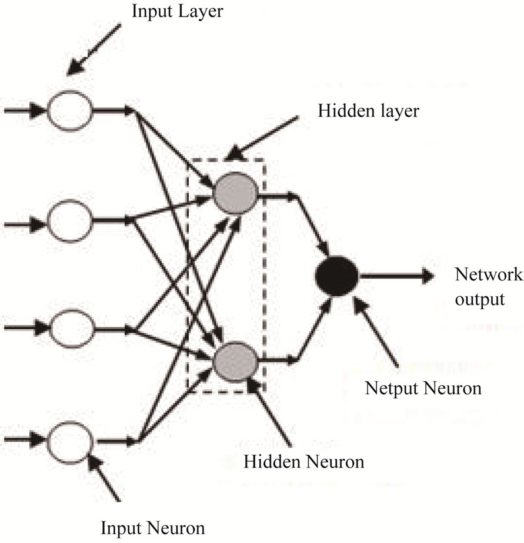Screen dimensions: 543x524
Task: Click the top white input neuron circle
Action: [x=69, y=110]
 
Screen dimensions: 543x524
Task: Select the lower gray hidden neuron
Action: [x=235, y=360]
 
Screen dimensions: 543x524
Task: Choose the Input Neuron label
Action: [x=153, y=527]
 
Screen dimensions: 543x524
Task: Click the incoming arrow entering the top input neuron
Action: [x=24, y=110]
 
